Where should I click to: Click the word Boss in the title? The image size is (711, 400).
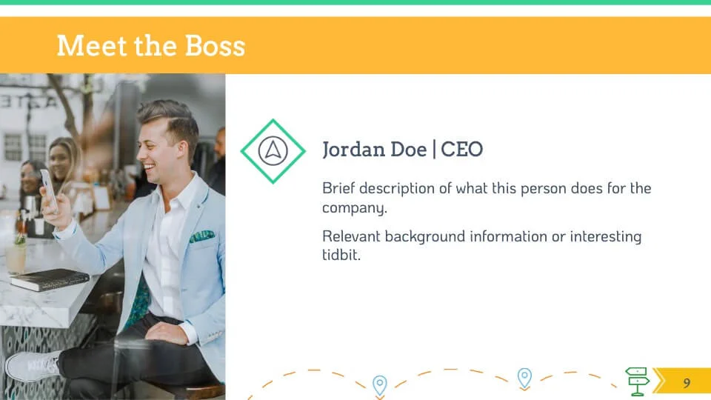point(215,46)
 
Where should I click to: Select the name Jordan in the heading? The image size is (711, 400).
point(352,149)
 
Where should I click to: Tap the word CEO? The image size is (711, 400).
point(461,149)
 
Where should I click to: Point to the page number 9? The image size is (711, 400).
point(687,383)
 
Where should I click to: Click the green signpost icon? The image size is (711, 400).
point(637,381)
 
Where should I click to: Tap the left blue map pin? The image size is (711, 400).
point(379,385)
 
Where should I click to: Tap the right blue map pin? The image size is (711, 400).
point(524,379)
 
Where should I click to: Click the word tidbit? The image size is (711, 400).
point(340,254)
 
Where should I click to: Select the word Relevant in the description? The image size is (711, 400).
point(351,236)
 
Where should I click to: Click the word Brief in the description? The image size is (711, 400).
point(338,188)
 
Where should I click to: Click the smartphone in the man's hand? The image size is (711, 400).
point(50,190)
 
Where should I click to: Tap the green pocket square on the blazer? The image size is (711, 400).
point(201,236)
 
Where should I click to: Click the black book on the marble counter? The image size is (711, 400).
point(50,279)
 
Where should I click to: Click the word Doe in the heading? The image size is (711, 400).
point(409,149)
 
